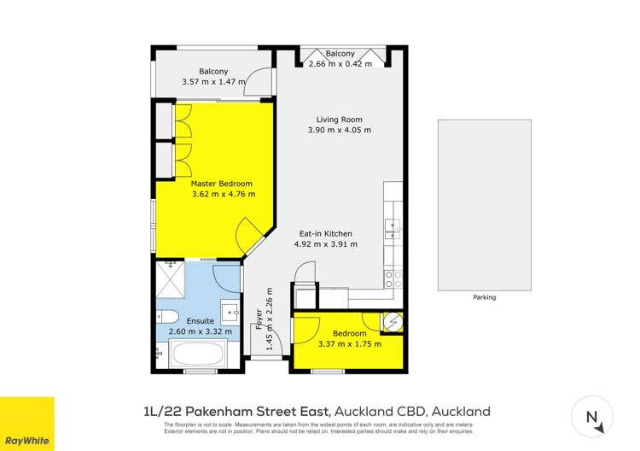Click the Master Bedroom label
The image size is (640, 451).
222,184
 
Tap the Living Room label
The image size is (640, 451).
340,120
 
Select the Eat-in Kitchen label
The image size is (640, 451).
325,233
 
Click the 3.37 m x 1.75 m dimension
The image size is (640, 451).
349,344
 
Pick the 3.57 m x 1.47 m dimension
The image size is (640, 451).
213,82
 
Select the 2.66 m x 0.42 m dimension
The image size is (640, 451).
340,64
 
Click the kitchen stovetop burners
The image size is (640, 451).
393,279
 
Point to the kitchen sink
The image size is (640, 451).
393,226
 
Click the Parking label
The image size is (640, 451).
484,297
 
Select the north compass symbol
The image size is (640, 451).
591,416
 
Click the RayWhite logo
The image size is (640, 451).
26,424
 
